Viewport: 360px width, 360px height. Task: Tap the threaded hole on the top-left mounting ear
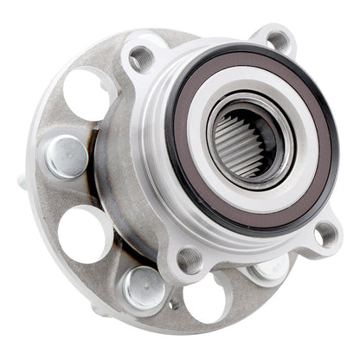(x=140, y=59)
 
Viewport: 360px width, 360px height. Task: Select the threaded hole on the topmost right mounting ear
(x=279, y=39)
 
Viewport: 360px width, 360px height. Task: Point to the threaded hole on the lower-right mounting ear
(x=326, y=233)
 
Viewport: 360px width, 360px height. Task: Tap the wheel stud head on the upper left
(x=67, y=157)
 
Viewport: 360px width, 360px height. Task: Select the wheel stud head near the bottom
(x=144, y=287)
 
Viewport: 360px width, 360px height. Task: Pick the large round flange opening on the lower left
(x=84, y=233)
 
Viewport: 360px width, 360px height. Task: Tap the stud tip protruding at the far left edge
(x=22, y=181)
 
